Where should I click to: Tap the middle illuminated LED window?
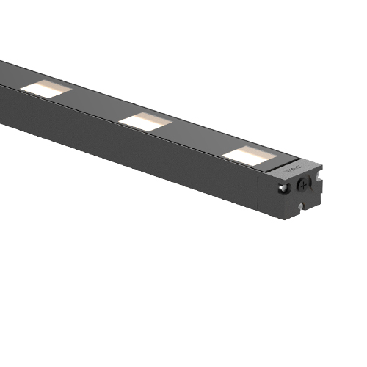click(145, 120)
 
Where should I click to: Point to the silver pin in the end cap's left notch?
click(282, 189)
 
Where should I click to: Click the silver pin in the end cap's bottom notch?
click(302, 206)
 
